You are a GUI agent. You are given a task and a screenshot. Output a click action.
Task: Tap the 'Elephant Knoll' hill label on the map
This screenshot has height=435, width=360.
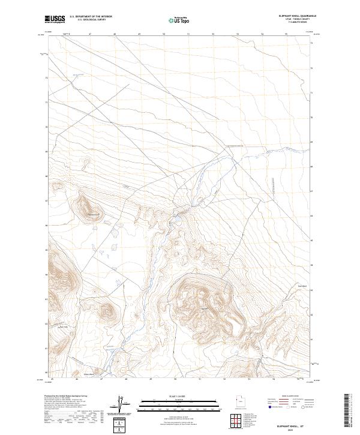[x=93, y=215]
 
